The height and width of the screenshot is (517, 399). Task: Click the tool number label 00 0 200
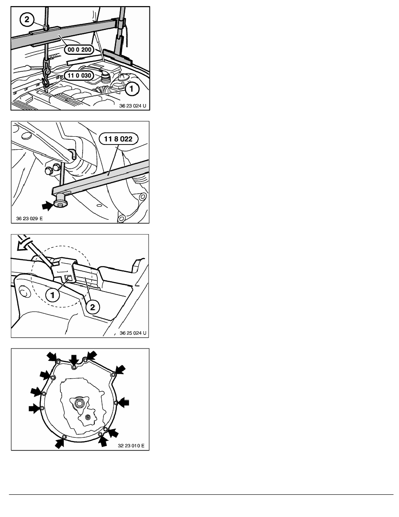tap(79, 50)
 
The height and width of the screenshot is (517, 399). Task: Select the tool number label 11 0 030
tap(79, 76)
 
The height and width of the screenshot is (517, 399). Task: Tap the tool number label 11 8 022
tap(118, 139)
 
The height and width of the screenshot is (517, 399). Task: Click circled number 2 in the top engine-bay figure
tap(27, 20)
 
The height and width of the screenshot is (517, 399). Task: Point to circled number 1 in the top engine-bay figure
tap(131, 89)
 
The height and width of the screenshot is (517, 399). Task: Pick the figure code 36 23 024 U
tap(132, 106)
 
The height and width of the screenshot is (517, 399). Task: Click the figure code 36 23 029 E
tap(29, 218)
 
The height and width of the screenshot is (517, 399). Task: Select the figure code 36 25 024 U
tap(133, 333)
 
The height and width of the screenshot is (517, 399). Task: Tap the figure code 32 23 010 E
tap(131, 446)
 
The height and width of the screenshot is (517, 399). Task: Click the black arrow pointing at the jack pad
tap(47, 206)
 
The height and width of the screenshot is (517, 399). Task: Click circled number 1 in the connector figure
tap(52, 295)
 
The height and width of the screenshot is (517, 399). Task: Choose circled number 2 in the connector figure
tap(93, 307)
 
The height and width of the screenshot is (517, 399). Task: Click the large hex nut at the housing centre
tap(79, 403)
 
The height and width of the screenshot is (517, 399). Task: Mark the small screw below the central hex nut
tap(87, 417)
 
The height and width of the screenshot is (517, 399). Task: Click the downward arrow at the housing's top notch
tap(74, 360)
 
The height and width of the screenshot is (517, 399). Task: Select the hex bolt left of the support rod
tap(49, 171)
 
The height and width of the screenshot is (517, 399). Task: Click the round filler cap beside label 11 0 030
tap(105, 78)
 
